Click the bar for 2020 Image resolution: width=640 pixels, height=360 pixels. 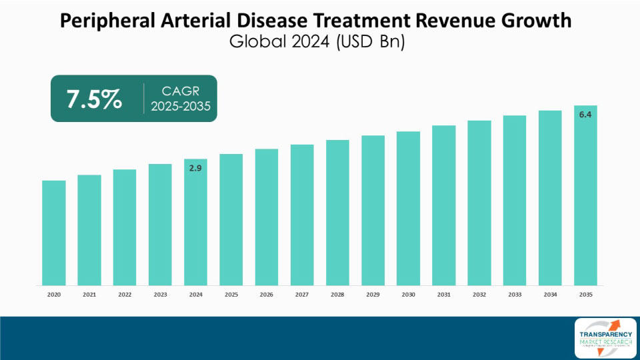coord(53,233)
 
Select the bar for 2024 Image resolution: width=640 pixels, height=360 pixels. coord(195,227)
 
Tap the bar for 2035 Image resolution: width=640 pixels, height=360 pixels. coord(585,200)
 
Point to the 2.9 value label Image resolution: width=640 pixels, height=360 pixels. coord(195,169)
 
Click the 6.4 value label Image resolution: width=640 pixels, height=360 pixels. coord(585,115)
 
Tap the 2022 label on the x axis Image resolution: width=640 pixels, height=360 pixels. coord(125,293)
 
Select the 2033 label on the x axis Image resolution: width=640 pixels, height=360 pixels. coord(515,293)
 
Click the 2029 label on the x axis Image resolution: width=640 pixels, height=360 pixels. coord(373,293)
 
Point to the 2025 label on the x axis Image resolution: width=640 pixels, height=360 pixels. coord(231,293)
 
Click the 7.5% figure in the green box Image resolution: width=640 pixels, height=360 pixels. coord(94,99)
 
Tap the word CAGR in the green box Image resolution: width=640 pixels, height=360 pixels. coord(180,91)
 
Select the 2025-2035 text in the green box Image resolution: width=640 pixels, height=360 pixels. coord(180,107)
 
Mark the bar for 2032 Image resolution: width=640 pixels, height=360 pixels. coord(479,203)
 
